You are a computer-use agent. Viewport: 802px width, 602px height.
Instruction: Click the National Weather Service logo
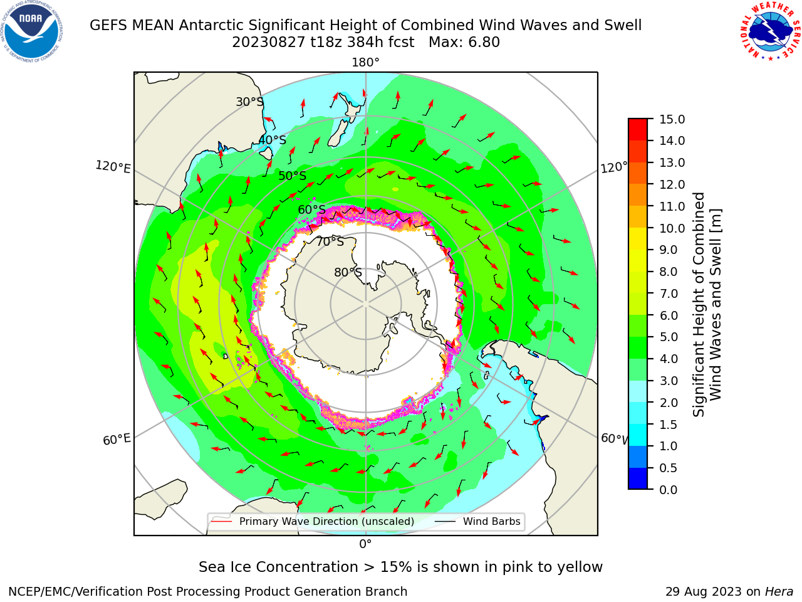pyautogui.click(x=770, y=31)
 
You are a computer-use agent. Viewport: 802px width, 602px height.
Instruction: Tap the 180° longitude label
pyautogui.click(x=365, y=63)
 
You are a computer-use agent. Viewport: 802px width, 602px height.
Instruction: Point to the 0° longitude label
pyautogui.click(x=365, y=544)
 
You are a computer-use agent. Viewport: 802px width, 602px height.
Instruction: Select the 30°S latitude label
pyautogui.click(x=250, y=102)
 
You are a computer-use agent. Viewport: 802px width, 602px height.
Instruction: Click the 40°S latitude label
pyautogui.click(x=273, y=140)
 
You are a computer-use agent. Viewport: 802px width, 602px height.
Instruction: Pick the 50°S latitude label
pyautogui.click(x=293, y=176)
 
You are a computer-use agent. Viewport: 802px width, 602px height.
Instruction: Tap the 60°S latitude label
pyautogui.click(x=311, y=209)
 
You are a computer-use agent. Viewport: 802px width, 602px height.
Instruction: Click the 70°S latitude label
pyautogui.click(x=330, y=241)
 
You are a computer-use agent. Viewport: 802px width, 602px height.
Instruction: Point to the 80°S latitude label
pyautogui.click(x=348, y=272)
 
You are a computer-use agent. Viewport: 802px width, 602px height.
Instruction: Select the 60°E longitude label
pyautogui.click(x=117, y=439)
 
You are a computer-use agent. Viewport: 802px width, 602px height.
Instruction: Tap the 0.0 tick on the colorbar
pyautogui.click(x=669, y=490)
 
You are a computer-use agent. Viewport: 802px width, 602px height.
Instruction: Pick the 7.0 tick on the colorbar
pyautogui.click(x=669, y=293)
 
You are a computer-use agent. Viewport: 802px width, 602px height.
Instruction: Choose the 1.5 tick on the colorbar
pyautogui.click(x=669, y=425)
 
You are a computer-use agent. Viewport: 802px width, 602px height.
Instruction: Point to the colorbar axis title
pyautogui.click(x=707, y=305)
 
